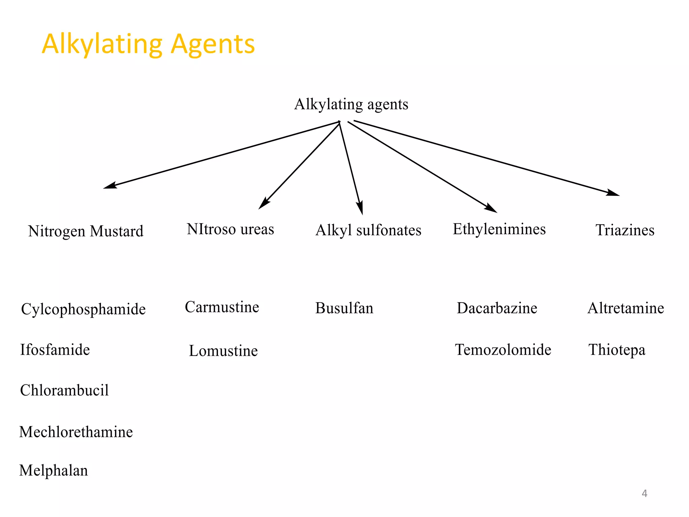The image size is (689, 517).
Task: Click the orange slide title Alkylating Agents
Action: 148,44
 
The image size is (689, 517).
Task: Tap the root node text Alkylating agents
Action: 351,104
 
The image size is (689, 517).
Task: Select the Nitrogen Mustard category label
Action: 86,231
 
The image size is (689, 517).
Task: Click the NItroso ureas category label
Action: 230,229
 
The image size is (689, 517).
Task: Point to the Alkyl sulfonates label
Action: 368,230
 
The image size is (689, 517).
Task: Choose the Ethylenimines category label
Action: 499,229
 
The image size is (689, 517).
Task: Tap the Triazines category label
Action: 625,230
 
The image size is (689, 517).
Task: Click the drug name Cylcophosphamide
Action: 83,309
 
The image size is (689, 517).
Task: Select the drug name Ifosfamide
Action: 55,350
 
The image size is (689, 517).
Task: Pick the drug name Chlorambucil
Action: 64,390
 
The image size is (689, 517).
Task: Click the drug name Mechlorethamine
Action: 76,432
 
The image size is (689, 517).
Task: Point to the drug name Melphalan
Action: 53,471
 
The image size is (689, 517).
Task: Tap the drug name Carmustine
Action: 222,307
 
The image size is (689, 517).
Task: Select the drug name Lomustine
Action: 223,351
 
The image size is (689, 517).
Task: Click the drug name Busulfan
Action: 344,308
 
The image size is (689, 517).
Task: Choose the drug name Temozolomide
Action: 503,350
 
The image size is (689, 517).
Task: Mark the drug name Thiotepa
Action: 617,350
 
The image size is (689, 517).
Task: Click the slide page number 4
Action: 644,493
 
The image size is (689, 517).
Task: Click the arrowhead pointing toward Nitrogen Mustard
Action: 109,186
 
